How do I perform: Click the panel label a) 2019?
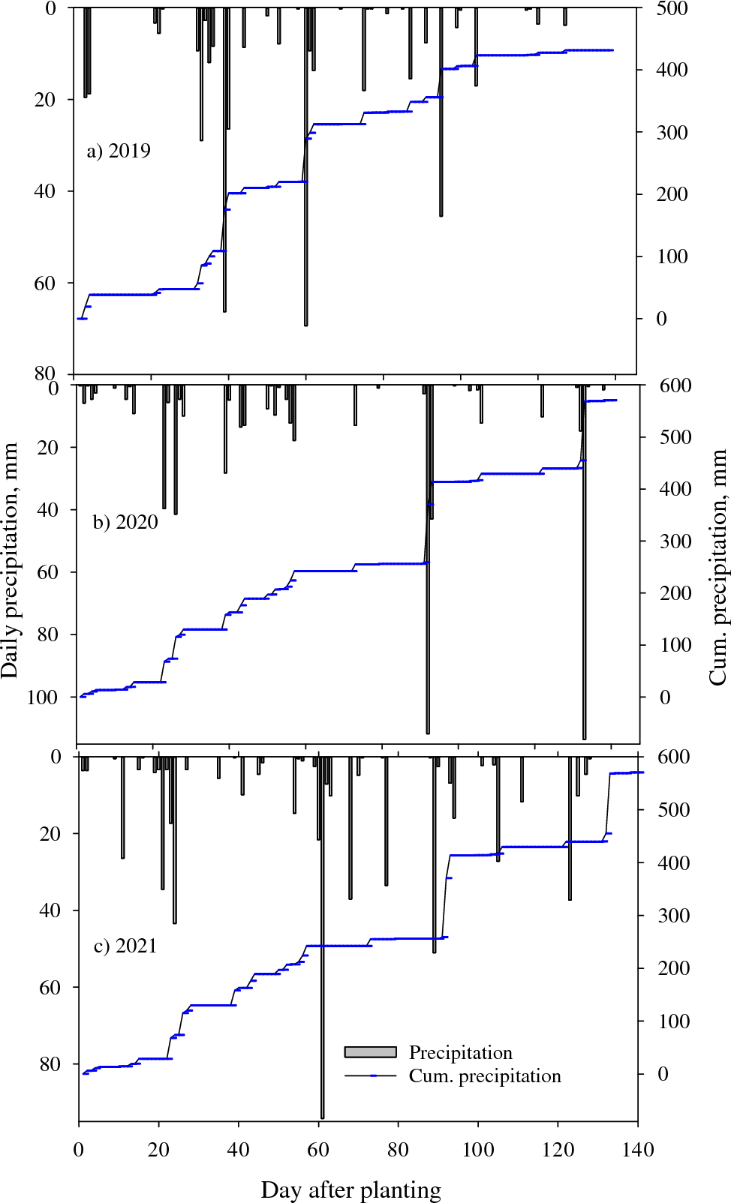coord(119,151)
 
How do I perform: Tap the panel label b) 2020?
coord(125,522)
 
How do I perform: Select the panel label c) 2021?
coord(125,946)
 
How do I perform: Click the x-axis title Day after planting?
coord(350,1189)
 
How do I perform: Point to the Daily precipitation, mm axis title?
coord(10,560)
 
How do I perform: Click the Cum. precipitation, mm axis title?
coord(718,567)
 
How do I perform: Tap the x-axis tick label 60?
coord(318,1150)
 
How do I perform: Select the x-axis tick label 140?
coord(638,1150)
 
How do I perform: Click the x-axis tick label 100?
coord(478,1150)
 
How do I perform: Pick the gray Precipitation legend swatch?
coord(370,1052)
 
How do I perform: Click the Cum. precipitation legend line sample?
coord(370,1076)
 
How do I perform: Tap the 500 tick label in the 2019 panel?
coord(672,9)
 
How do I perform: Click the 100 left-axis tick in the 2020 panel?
coord(42,697)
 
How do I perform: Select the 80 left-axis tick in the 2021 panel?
coord(50,1064)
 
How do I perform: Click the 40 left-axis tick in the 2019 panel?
coord(45,191)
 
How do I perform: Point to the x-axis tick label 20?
coord(158,1150)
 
